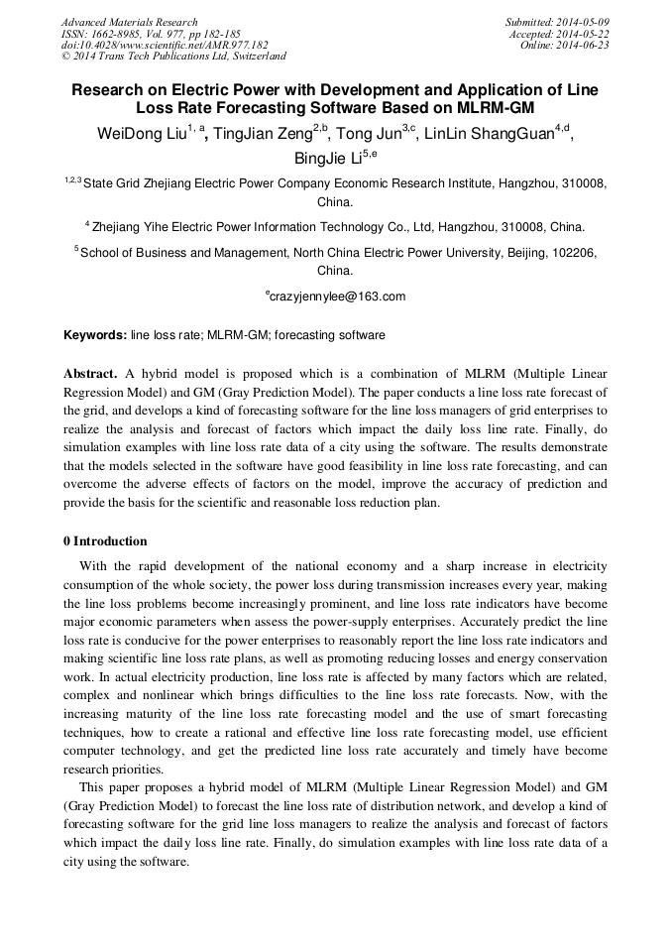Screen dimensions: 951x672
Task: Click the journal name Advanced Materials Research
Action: [129, 22]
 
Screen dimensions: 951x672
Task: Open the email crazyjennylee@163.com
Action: [337, 297]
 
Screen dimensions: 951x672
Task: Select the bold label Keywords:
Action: [95, 335]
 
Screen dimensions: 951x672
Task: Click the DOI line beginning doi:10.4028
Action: [165, 45]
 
